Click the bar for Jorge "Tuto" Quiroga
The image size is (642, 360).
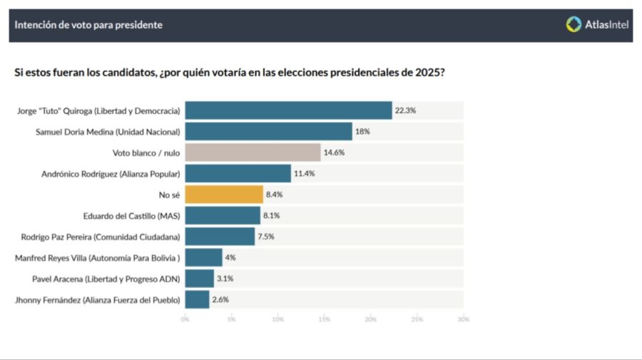coord(288,110)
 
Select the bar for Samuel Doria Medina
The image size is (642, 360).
coord(268,132)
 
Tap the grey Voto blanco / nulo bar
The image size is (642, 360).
coord(253,153)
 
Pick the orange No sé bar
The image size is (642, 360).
coord(224,195)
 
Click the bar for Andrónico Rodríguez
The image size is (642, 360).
coord(238,173)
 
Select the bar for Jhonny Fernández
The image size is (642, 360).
coord(197,299)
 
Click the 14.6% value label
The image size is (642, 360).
coord(334,153)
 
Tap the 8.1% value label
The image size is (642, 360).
coord(273,215)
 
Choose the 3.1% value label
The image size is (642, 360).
coord(227,279)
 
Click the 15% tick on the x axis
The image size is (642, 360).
coord(324,319)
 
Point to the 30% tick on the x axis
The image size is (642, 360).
coord(463,319)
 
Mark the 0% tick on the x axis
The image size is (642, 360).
coord(185,319)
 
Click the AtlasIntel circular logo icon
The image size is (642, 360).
coord(574,25)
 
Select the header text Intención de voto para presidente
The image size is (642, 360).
coord(88,25)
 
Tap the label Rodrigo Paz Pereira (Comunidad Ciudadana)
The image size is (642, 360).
coord(99,237)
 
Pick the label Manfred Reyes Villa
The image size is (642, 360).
coord(98,257)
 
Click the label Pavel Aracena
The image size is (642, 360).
coord(106,279)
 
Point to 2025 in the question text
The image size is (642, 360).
coord(429,73)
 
